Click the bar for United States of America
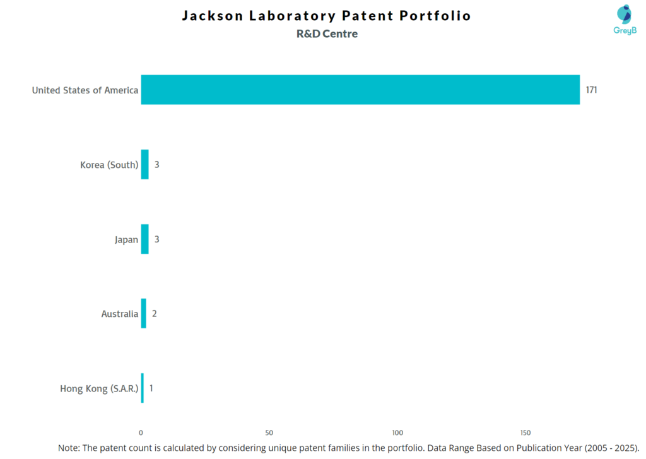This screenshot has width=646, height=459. pos(360,90)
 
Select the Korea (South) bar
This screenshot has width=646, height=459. pos(144,164)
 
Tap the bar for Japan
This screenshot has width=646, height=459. pos(144,239)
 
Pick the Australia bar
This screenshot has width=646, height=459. pos(143,313)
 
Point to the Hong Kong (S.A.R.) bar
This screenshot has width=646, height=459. pos(143,388)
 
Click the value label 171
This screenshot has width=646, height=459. pos(591,90)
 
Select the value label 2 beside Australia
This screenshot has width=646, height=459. pos(154,313)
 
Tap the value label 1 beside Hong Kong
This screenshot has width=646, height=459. pos(151,388)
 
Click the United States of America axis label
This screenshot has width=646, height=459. pos(85,90)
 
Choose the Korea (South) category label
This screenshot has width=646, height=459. pos(109,165)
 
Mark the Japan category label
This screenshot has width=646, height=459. pos(126,239)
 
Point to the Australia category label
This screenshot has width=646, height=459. pos(119,314)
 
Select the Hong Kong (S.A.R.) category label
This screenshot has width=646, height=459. pos(99,388)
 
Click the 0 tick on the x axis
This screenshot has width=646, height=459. pos(141,432)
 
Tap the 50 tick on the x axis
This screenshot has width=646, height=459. pos(269,432)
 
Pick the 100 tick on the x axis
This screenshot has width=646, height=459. pos(397,432)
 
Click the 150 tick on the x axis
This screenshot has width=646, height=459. pos(526,432)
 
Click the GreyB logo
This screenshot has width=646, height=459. pos(625,20)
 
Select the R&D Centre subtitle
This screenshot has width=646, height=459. pos(327,34)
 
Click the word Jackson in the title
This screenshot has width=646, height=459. pos(211,16)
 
